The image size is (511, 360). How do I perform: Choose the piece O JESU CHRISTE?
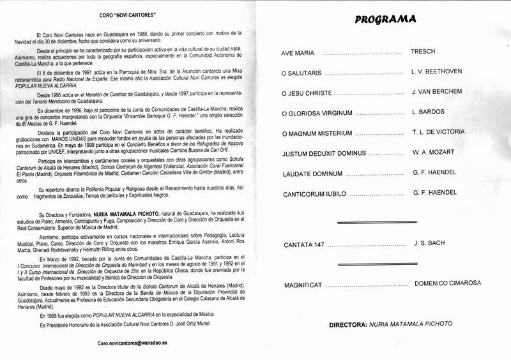coord(307,93)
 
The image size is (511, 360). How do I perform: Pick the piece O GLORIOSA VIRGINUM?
coord(317,114)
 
